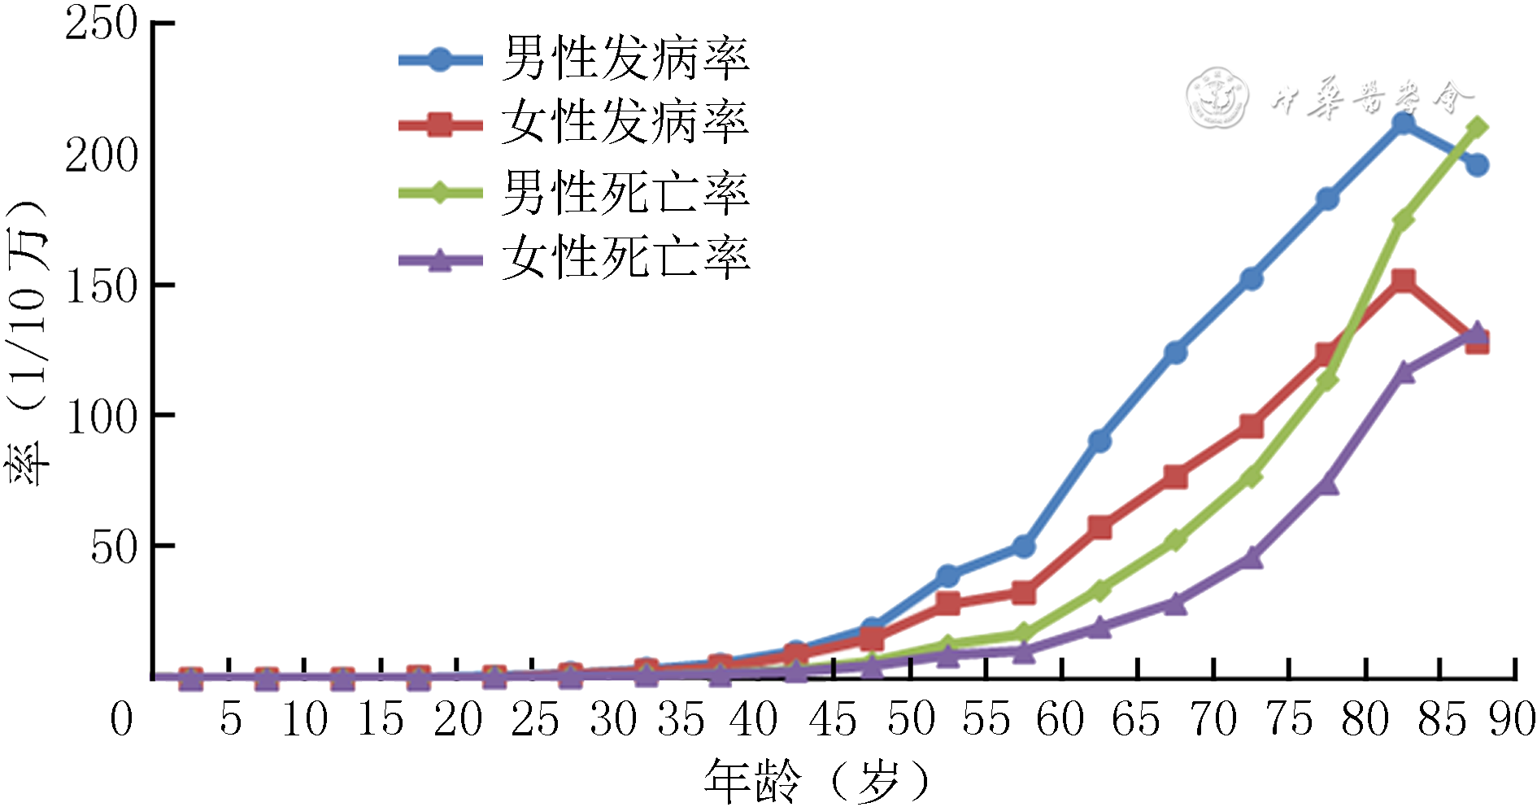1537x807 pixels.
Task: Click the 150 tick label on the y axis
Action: click(102, 286)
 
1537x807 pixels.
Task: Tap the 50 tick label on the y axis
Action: click(114, 547)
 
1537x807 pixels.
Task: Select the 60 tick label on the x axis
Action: click(1060, 720)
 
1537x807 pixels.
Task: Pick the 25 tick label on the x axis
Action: click(534, 720)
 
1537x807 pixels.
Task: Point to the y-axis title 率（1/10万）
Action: click(28, 342)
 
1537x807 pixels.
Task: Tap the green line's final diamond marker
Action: click(1478, 128)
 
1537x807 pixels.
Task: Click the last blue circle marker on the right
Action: click(1478, 165)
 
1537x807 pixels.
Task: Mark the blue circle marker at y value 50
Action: click(1024, 547)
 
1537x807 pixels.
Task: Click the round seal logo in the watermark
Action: click(1216, 98)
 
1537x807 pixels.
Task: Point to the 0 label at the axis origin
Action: click(121, 720)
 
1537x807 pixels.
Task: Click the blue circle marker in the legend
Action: click(439, 59)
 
